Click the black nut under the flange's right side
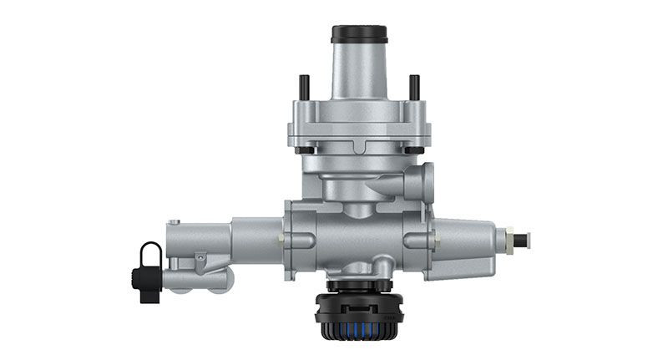point(415,150)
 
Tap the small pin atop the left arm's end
point(175,222)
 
